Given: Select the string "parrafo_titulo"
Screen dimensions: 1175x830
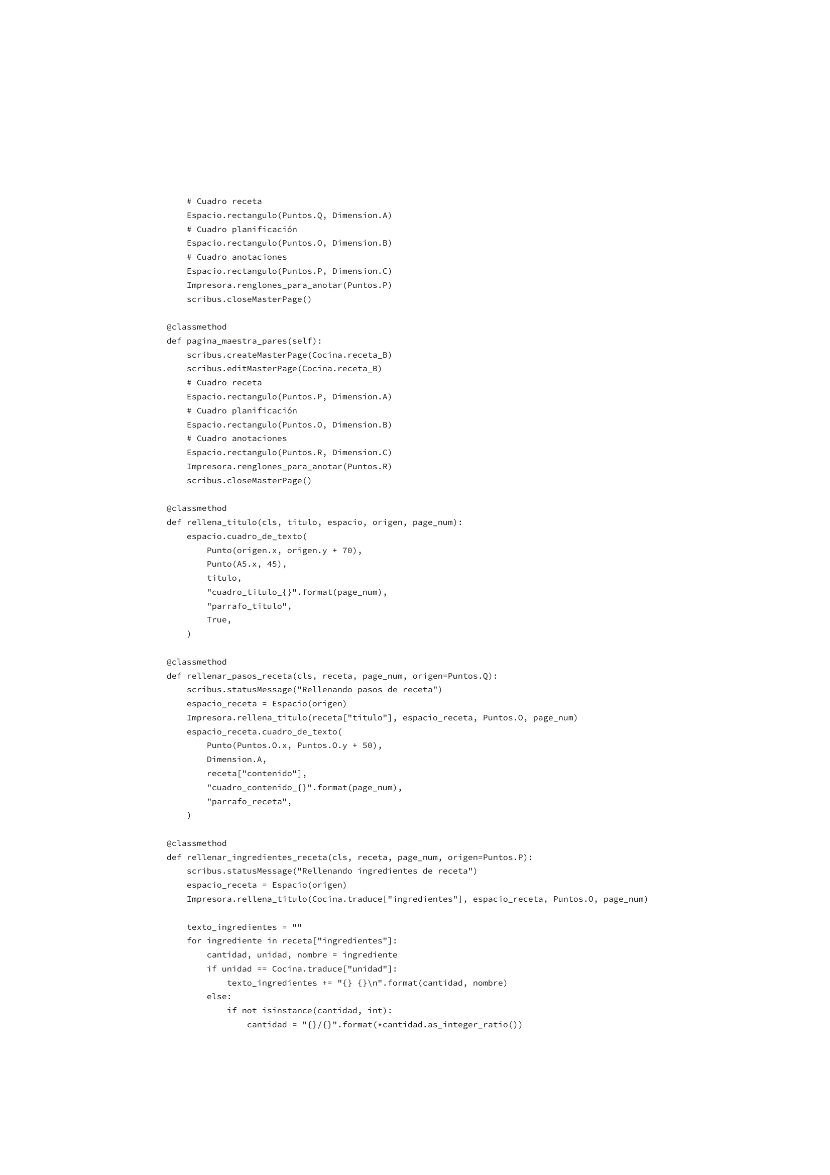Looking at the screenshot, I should [x=249, y=606].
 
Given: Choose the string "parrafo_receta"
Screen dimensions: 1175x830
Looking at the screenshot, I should [x=249, y=801].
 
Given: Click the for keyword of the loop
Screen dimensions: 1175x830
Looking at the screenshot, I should [x=194, y=940].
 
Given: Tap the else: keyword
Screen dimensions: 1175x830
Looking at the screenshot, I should [x=219, y=996].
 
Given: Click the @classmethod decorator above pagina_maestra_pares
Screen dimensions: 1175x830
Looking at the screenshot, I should [x=196, y=327].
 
